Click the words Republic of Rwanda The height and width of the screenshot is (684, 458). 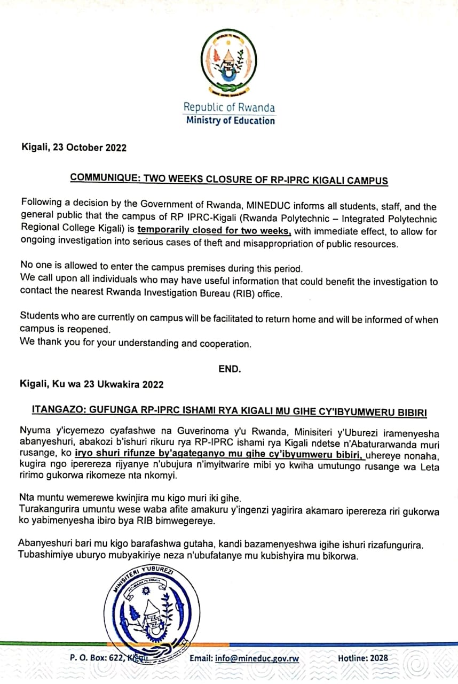coord(230,107)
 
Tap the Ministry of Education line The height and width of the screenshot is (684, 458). coord(230,120)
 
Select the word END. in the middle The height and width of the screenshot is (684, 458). coord(230,369)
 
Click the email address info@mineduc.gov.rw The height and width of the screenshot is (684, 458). coord(257,658)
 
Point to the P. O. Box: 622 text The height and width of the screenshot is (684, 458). coord(97,658)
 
